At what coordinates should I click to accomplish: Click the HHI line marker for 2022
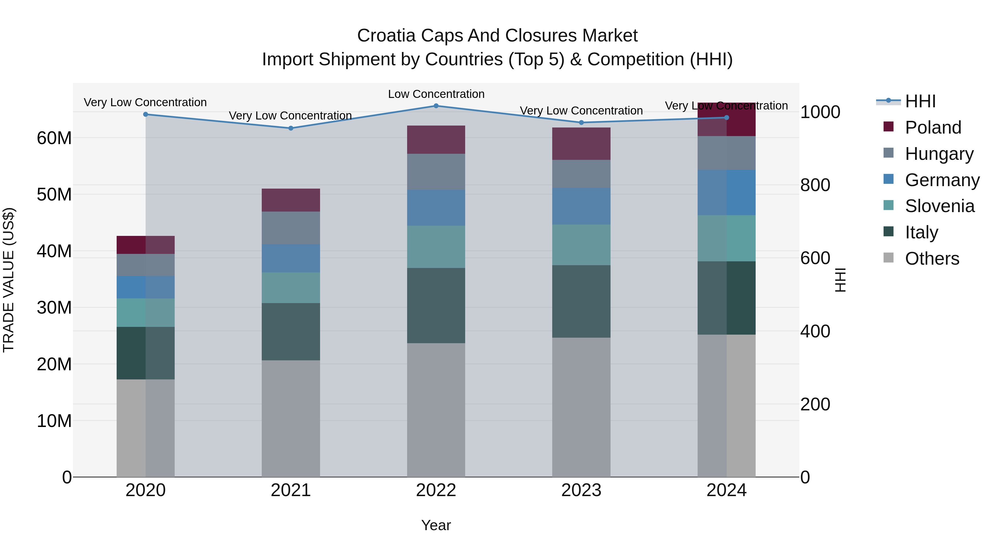436,106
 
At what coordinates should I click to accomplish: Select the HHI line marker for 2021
291,128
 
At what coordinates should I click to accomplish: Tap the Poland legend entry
933,127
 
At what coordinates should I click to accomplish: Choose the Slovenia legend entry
939,206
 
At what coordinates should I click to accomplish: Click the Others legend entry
932,259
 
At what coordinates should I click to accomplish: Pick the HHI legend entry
920,101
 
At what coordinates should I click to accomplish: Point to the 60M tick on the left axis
54,138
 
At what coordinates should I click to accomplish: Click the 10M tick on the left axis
54,421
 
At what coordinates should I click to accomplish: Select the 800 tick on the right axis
815,185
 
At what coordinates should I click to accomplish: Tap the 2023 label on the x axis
581,490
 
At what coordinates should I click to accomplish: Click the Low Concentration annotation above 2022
436,94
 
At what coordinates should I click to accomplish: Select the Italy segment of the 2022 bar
436,305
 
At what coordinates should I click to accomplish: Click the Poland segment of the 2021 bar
291,200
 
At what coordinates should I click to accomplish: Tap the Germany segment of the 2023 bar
581,206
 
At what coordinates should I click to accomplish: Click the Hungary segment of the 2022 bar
436,171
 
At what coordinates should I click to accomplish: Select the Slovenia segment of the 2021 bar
291,288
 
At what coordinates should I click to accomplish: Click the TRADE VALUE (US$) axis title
9,280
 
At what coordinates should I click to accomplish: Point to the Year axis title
436,525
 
